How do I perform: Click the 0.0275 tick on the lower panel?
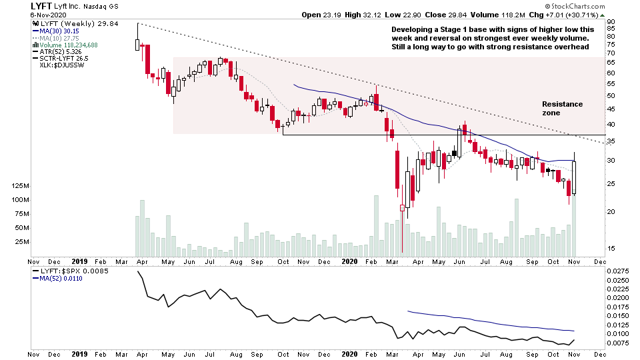[x=619, y=271]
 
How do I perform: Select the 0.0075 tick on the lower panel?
[x=619, y=343]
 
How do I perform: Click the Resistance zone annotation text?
[x=562, y=109]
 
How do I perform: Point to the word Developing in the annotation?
[x=412, y=30]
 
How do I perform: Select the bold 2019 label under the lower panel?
[x=80, y=354]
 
